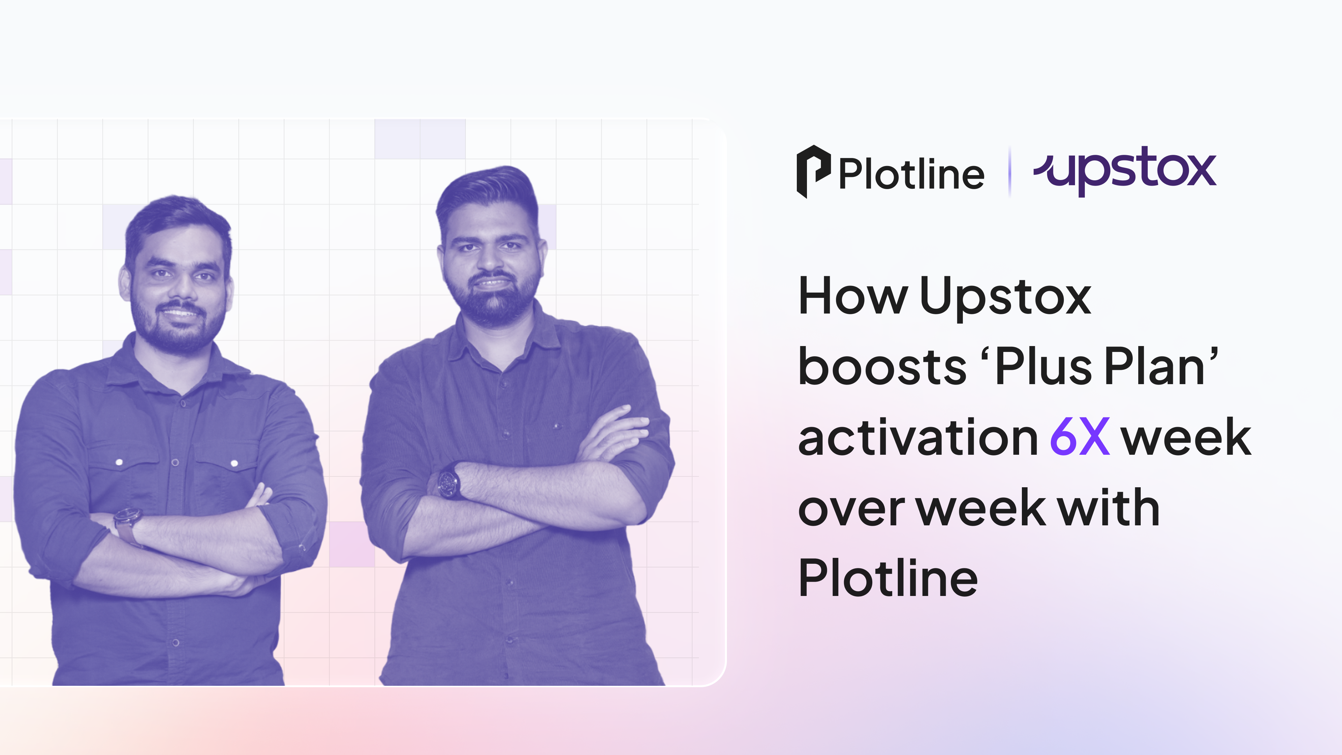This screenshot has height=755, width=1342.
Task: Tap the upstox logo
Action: (x=1125, y=169)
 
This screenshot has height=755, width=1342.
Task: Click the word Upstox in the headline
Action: (x=1005, y=297)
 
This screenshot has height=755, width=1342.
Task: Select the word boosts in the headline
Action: (x=882, y=367)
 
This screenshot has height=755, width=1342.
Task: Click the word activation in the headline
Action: (x=918, y=438)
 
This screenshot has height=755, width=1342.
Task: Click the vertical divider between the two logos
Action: (x=1010, y=172)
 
